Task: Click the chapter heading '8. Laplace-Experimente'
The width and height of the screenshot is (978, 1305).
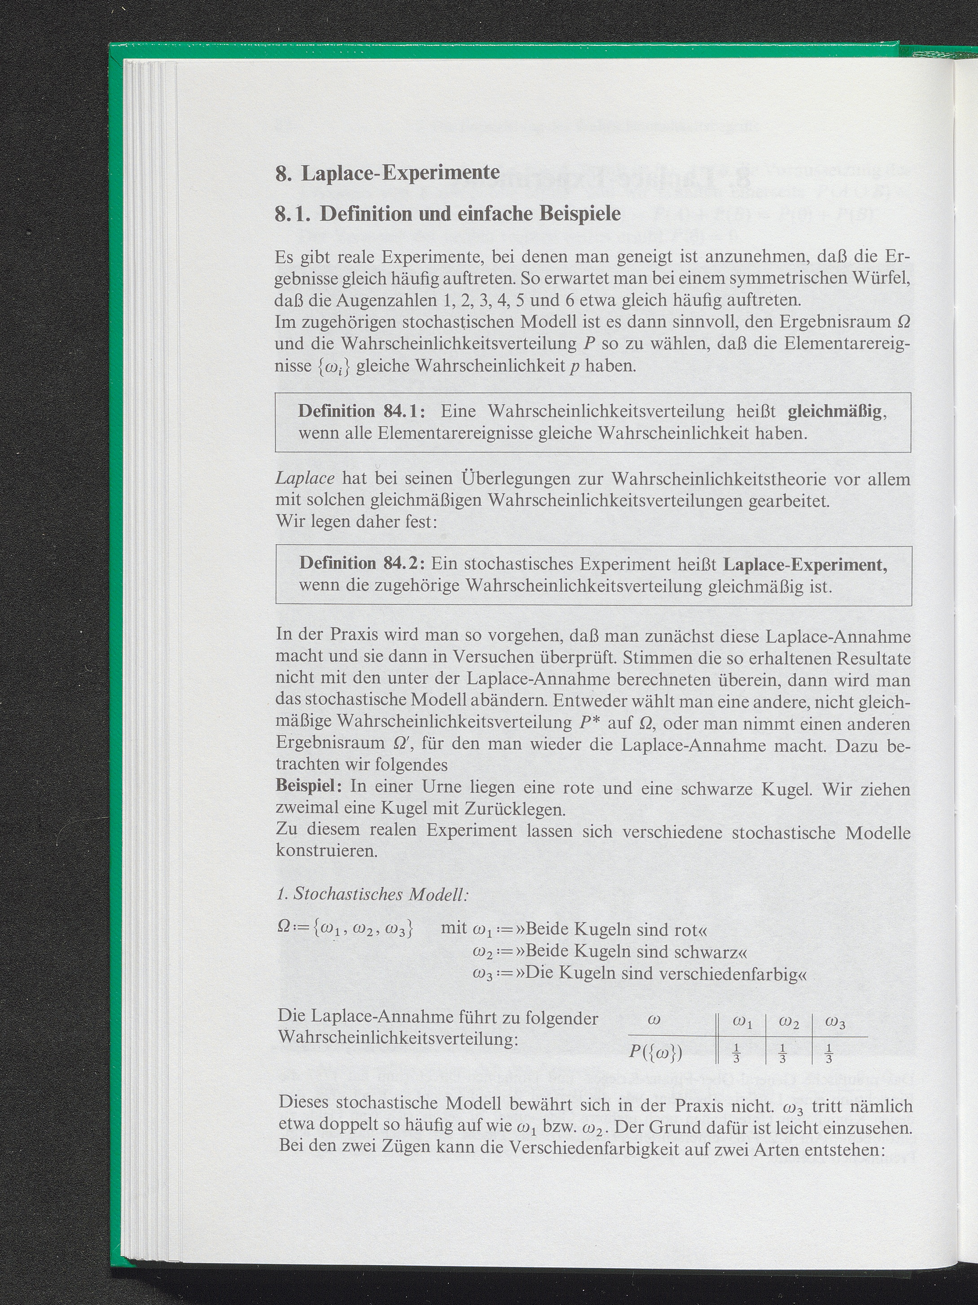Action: (387, 173)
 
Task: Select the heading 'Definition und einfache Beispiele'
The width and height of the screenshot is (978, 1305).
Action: (470, 214)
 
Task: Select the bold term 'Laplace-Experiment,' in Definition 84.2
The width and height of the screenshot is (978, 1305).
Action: (805, 565)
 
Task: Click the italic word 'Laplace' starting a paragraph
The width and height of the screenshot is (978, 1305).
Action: (305, 478)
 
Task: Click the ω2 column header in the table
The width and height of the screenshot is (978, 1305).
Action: (789, 1023)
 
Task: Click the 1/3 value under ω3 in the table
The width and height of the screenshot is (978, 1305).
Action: (829, 1054)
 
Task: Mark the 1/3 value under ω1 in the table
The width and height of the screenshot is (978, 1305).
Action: (736, 1054)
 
